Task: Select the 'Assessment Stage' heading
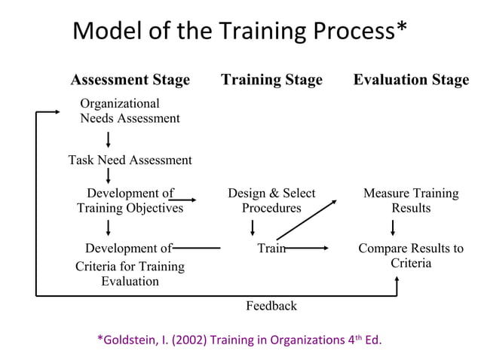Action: coord(130,80)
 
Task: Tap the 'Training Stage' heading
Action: coord(271,80)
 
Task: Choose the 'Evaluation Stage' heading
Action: coord(411,80)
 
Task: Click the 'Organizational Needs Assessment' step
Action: coord(130,111)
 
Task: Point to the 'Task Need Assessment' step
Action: coord(130,160)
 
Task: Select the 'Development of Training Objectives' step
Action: coord(130,200)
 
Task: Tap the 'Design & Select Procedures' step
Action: coord(271,200)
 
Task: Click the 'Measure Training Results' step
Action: coord(411,200)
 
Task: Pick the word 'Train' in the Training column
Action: coord(271,248)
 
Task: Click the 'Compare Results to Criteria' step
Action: coord(411,255)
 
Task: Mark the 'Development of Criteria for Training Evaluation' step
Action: coord(130,264)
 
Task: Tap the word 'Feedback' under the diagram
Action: coord(271,305)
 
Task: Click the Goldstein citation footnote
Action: coord(240,340)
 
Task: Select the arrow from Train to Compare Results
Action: coord(308,248)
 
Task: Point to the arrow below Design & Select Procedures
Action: coord(253,227)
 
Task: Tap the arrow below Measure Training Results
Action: coord(393,227)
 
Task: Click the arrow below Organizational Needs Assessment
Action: coord(109,139)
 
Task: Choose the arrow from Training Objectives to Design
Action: coord(185,200)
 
